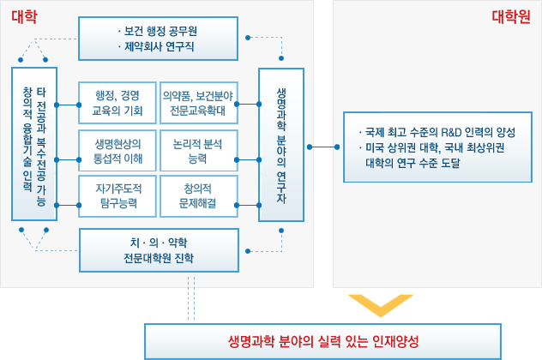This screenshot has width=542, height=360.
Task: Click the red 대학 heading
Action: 24,16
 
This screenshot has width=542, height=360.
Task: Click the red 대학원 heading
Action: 511,16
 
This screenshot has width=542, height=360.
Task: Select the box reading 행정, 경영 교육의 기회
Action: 117,103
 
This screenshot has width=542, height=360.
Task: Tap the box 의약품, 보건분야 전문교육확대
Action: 199,103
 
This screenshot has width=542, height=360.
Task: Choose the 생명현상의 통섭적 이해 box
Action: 117,151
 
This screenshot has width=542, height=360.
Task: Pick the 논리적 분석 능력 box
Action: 199,151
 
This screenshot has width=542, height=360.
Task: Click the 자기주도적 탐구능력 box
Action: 117,196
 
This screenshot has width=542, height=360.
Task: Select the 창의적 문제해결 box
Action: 199,196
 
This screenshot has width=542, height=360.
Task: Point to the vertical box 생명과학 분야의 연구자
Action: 281,145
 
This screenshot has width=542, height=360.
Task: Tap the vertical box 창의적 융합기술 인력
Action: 34,144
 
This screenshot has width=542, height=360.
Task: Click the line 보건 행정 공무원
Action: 158,32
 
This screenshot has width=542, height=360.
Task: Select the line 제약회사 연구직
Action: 156,46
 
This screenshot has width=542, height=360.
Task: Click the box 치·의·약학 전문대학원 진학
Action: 159,250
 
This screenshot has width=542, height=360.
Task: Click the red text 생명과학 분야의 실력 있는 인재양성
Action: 323,342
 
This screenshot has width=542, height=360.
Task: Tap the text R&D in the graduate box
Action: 451,132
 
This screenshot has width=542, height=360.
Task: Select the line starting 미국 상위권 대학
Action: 432,148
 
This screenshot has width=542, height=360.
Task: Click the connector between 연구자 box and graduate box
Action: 323,147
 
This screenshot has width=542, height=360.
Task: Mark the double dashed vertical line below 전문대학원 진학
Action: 191,298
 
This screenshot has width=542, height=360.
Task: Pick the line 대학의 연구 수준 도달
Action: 413,163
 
